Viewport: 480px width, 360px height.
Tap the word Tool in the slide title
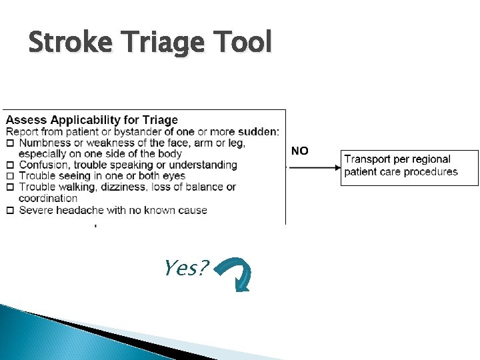(246, 43)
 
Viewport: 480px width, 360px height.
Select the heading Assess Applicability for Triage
(92, 120)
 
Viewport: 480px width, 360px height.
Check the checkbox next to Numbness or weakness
(10, 143)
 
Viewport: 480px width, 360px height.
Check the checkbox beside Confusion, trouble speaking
(10, 165)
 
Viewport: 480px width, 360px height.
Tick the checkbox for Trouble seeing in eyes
(10, 176)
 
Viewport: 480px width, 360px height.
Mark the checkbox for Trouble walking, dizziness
(10, 187)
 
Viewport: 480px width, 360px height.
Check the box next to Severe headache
(10, 211)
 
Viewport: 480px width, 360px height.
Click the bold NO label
(300, 151)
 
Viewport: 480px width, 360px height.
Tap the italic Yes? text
(186, 269)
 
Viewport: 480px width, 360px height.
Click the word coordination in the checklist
(48, 198)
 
